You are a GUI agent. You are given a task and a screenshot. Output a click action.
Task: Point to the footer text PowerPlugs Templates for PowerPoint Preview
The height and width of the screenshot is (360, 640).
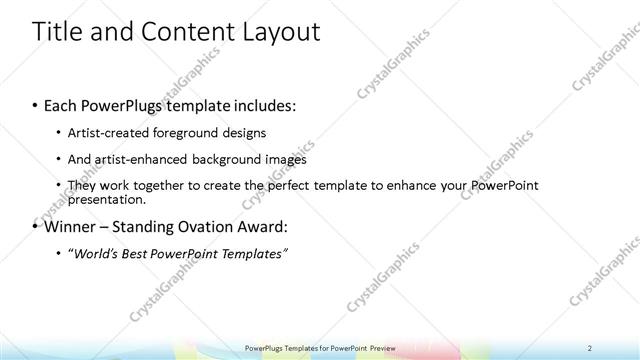pos(320,348)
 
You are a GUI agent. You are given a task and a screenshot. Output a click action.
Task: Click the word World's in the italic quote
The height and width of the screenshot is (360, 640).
pos(96,253)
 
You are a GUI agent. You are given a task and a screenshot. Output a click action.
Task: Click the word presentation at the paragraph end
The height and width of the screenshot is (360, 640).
pos(103,198)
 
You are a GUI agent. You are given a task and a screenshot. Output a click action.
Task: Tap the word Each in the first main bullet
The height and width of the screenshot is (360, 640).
pos(62,104)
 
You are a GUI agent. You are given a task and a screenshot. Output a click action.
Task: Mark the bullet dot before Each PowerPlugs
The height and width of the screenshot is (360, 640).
pos(36,105)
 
